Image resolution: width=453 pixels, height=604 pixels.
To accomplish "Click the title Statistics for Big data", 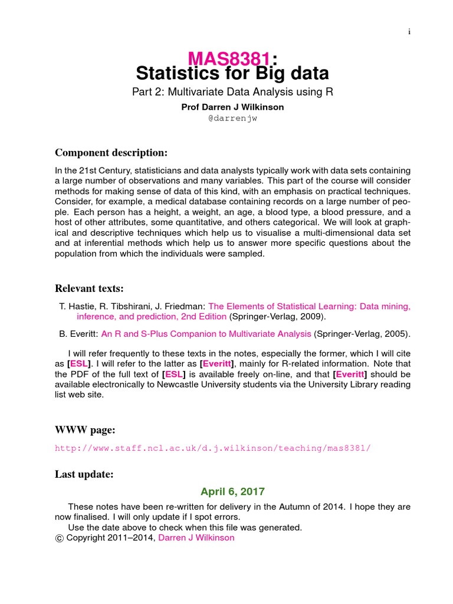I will [x=232, y=74].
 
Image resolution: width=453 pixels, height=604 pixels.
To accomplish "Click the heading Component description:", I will [x=111, y=153].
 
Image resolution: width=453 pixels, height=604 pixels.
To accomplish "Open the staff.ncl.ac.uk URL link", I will [x=213, y=448].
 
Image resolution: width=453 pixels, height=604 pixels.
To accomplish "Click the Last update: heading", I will [x=85, y=474].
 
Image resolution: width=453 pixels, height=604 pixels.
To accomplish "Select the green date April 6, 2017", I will [x=232, y=491].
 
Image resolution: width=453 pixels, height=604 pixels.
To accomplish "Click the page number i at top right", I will [x=409, y=32].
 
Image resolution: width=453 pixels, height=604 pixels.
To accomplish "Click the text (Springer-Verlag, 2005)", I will [x=362, y=334].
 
